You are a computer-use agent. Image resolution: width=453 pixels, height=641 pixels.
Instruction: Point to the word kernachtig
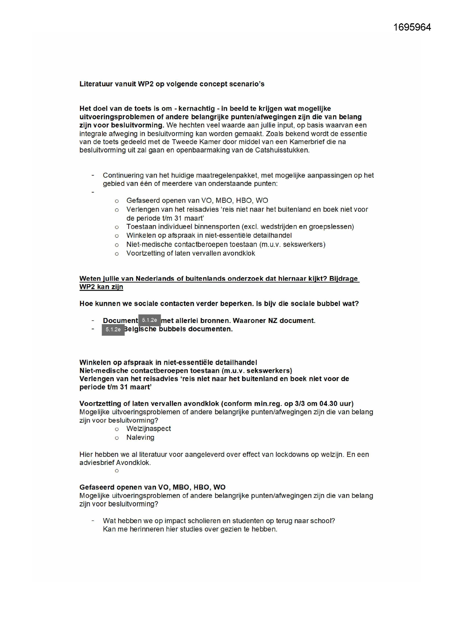[x=197, y=109]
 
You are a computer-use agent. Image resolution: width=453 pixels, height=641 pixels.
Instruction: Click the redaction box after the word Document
[x=150, y=320]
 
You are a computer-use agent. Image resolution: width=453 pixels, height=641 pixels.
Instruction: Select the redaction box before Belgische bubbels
[x=113, y=330]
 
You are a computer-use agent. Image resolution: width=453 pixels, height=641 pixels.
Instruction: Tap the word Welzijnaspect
[x=148, y=429]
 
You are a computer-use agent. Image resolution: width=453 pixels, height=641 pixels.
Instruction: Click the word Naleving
[x=140, y=438]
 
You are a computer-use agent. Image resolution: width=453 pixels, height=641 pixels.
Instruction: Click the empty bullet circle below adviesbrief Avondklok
[x=117, y=471]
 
